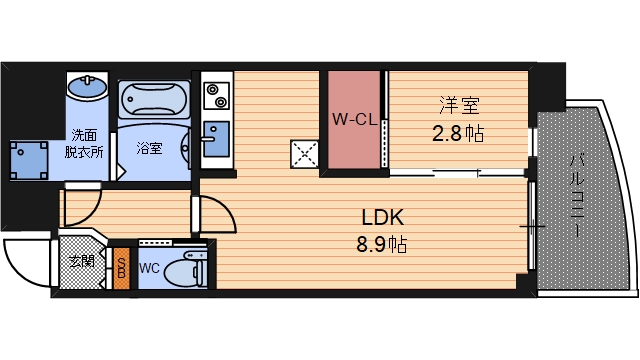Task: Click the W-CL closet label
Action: pos(353,121)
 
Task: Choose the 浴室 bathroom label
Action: pos(149,148)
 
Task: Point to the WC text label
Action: pos(149,268)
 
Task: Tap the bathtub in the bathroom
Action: pos(155,100)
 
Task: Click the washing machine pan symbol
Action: pos(29,157)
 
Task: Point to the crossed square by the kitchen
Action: pos(305,153)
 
